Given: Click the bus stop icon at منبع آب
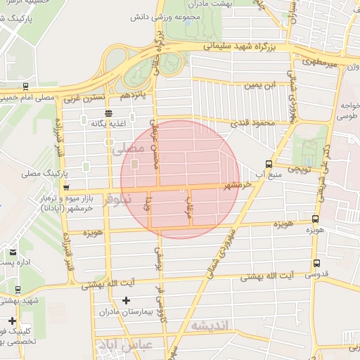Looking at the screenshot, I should tap(269, 164).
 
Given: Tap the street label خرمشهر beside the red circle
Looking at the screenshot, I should tap(238, 186).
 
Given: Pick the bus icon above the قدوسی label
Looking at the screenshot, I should tap(316, 263).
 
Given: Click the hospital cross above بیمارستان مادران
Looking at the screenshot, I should tap(126, 301).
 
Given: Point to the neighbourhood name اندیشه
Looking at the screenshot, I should tap(210, 325).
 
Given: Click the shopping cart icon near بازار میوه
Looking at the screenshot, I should tap(65, 188).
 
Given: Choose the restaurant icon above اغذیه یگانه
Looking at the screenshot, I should tap(108, 112).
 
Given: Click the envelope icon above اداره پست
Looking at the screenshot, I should tap(13, 252).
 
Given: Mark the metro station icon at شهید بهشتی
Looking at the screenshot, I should tap(17, 290).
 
